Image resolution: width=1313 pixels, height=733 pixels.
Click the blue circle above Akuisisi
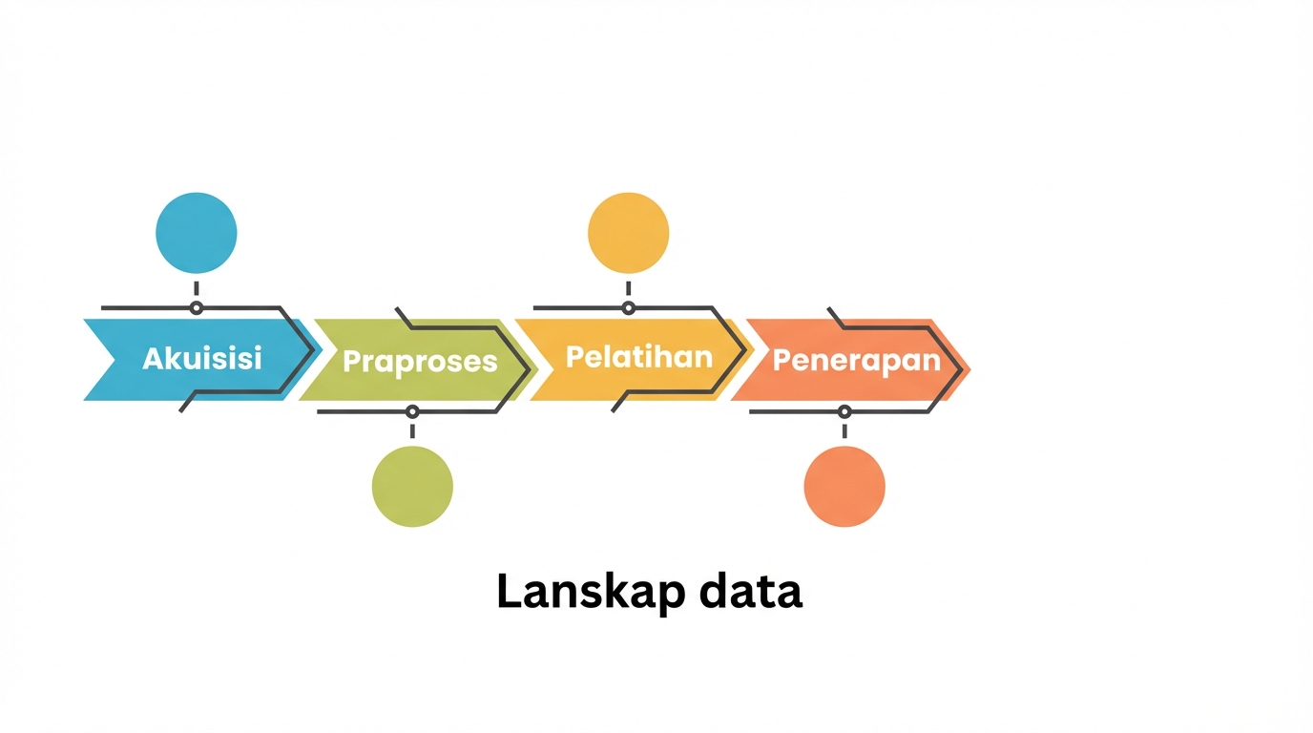[197, 233]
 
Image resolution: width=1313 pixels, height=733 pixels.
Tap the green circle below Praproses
[412, 487]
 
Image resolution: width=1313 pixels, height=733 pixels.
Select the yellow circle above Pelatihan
[629, 233]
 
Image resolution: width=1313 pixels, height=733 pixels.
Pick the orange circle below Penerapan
[844, 487]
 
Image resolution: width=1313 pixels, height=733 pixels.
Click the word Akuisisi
[202, 358]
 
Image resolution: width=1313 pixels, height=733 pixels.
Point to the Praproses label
[420, 362]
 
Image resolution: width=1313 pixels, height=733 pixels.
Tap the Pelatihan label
[639, 357]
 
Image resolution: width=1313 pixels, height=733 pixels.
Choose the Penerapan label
[857, 361]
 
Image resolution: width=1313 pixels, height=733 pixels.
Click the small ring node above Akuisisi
[197, 308]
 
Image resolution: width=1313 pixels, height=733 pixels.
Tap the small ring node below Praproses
[412, 411]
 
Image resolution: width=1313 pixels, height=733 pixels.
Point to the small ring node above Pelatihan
[629, 308]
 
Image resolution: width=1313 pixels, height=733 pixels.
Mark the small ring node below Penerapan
[844, 411]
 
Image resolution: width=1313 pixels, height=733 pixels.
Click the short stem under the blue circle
[197, 288]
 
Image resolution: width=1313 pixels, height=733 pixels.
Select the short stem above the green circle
[412, 431]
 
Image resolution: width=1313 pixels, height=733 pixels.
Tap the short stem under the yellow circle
[629, 288]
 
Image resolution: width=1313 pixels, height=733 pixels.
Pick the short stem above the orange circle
[844, 431]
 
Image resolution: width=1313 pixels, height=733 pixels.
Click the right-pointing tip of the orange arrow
[970, 369]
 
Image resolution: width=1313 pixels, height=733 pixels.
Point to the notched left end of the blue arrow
[115, 360]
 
